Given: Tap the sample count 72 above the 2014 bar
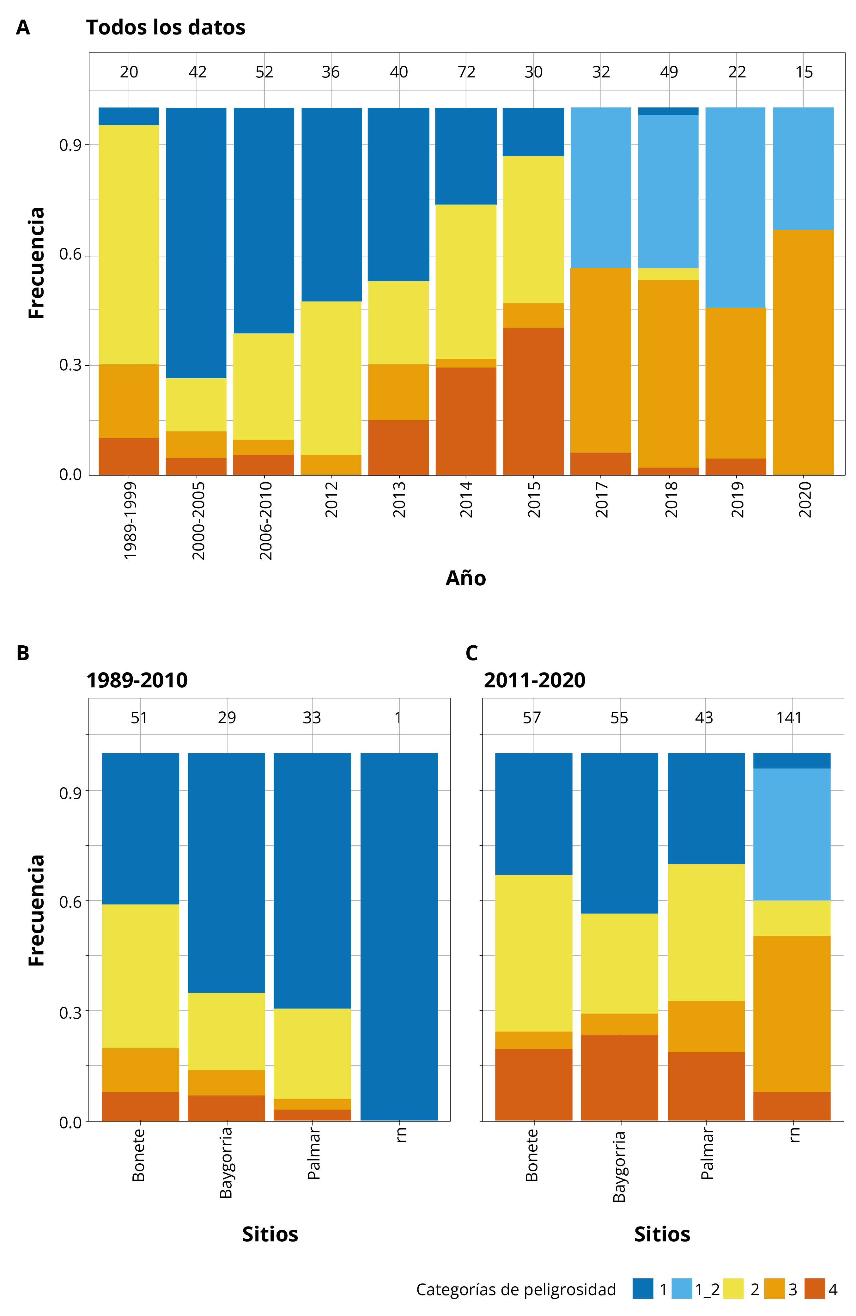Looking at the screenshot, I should click(466, 72).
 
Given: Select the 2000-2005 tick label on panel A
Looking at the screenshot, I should click(198, 520).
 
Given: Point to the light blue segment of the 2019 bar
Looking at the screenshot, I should click(736, 207).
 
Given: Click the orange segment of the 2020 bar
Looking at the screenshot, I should click(803, 352).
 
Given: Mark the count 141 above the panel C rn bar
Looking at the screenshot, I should click(789, 718).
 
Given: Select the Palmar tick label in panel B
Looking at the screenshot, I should click(313, 1154).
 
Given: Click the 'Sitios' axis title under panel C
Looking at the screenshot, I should click(662, 1234).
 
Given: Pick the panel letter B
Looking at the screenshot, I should click(23, 653).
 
